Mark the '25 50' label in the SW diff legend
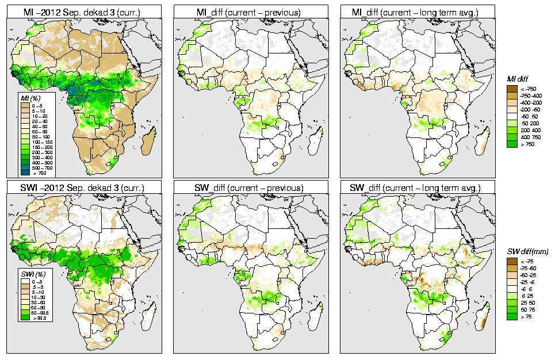pos(526,302)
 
